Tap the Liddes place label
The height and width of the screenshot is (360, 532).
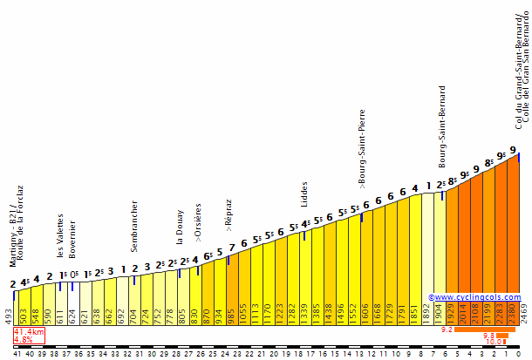(x=304, y=194)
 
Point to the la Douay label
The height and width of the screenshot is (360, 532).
(x=181, y=228)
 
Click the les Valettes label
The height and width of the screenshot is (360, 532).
(x=61, y=235)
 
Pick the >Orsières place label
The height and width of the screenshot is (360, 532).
(x=199, y=221)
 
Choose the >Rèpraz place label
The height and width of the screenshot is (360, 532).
(x=228, y=213)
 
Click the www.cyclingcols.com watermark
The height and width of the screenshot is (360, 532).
(x=474, y=297)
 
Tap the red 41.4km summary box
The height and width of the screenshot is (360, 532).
(x=30, y=336)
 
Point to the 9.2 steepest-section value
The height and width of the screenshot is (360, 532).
(x=447, y=329)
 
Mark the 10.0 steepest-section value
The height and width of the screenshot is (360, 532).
(x=494, y=342)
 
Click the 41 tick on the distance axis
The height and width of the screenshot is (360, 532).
(x=17, y=353)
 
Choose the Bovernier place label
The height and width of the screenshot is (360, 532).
(x=72, y=239)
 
